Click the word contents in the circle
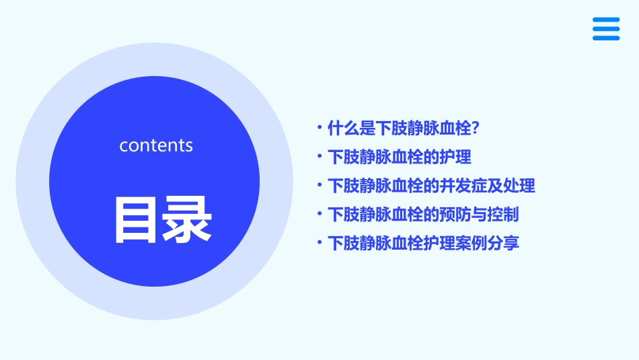[x=156, y=145]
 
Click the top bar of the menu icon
[x=606, y=20]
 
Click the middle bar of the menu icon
[x=606, y=29]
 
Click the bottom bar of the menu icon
[x=606, y=38]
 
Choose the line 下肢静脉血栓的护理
[x=399, y=157]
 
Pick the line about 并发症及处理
[x=431, y=186]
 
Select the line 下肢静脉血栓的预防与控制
[x=423, y=215]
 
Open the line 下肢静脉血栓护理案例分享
[x=423, y=243]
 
